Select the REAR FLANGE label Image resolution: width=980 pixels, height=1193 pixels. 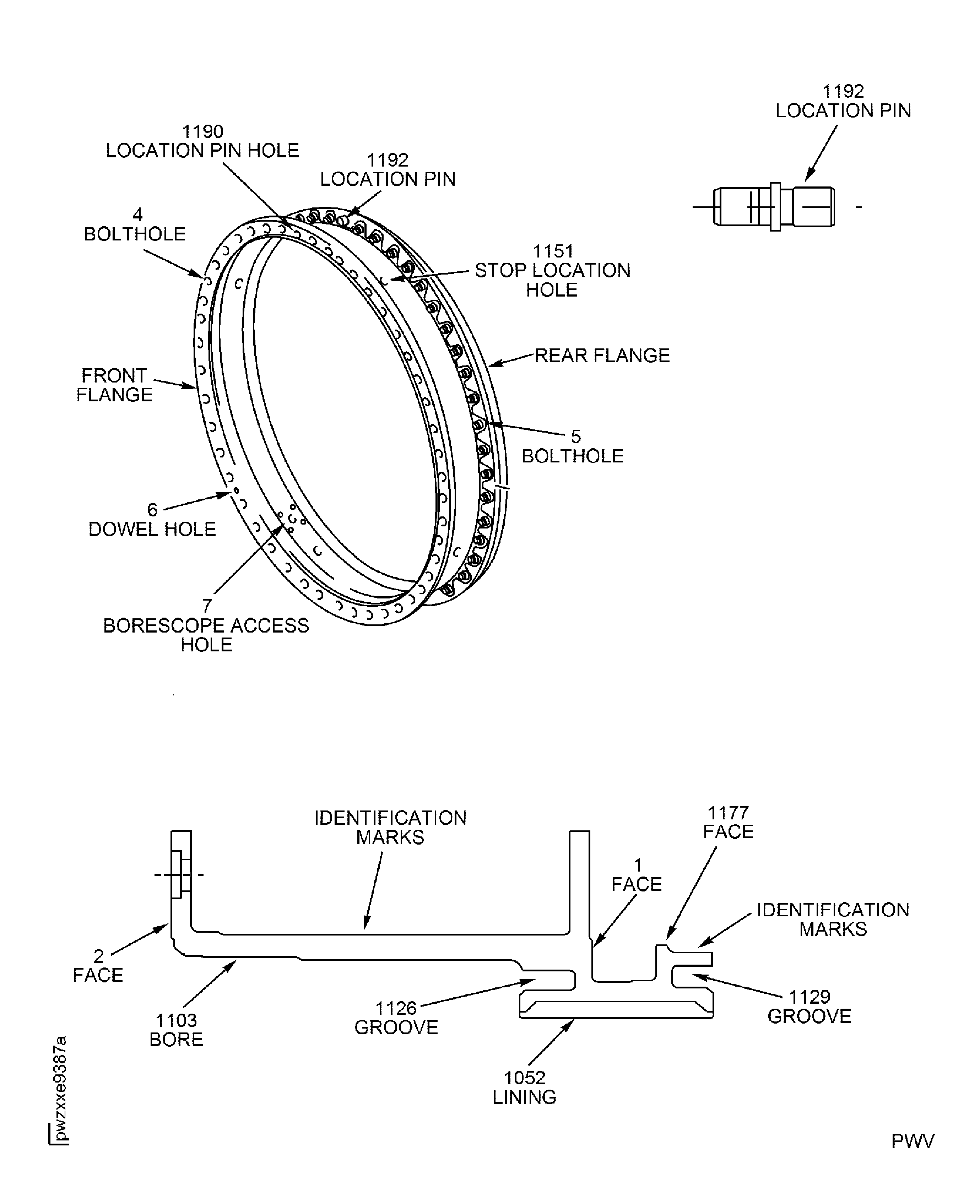[602, 356]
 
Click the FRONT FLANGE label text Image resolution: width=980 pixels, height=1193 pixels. [115, 385]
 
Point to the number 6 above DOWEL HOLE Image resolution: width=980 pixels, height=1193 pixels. [152, 510]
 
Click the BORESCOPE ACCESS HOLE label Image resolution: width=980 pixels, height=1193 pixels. [206, 635]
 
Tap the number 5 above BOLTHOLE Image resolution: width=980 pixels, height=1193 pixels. [575, 436]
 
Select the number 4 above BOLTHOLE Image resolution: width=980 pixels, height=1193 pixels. [137, 215]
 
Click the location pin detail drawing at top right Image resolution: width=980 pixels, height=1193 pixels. [774, 207]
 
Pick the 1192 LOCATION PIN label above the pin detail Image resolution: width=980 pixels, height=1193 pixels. [843, 101]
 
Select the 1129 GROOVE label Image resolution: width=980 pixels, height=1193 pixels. [809, 1006]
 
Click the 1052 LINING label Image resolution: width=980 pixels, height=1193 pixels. [524, 1087]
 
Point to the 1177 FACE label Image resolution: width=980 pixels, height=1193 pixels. [728, 821]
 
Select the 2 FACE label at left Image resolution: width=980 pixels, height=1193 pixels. [98, 965]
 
